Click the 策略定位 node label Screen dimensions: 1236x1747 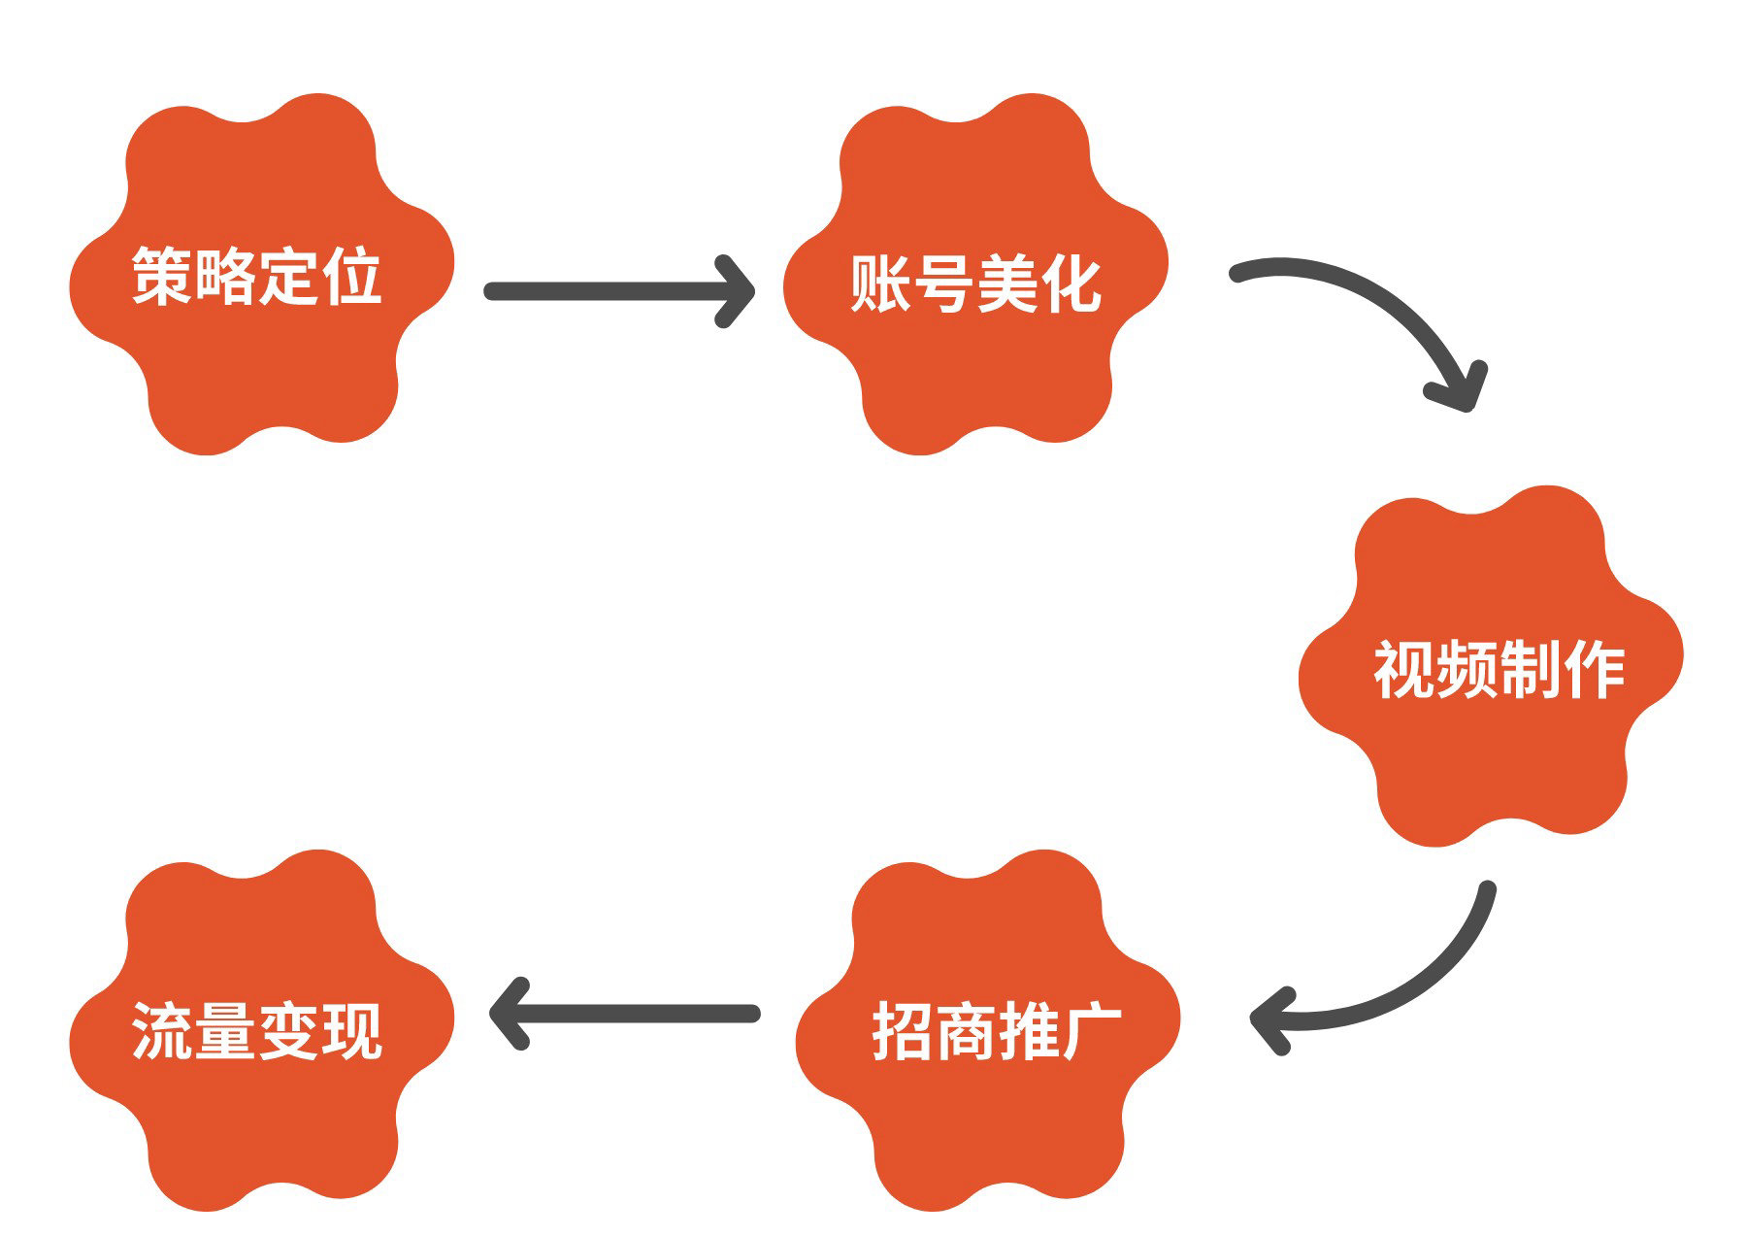tap(257, 277)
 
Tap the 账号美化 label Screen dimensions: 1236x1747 tap(975, 284)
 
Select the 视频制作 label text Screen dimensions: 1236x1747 tap(1499, 670)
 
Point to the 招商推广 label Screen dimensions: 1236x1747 tap(997, 1031)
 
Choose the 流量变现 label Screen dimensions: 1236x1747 tap(257, 1031)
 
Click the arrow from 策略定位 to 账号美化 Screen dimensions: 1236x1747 tap(618, 291)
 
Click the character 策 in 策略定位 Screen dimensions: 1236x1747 tap(162, 277)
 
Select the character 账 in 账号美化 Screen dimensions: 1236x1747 tap(880, 284)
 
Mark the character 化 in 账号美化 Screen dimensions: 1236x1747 tap(1070, 284)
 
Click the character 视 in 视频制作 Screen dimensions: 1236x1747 tap(1404, 670)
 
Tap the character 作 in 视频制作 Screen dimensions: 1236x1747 tap(1594, 670)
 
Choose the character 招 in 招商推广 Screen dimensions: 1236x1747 tap(903, 1031)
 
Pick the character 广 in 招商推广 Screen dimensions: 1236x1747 tap(1092, 1031)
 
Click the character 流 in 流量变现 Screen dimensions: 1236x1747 tap(162, 1031)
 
